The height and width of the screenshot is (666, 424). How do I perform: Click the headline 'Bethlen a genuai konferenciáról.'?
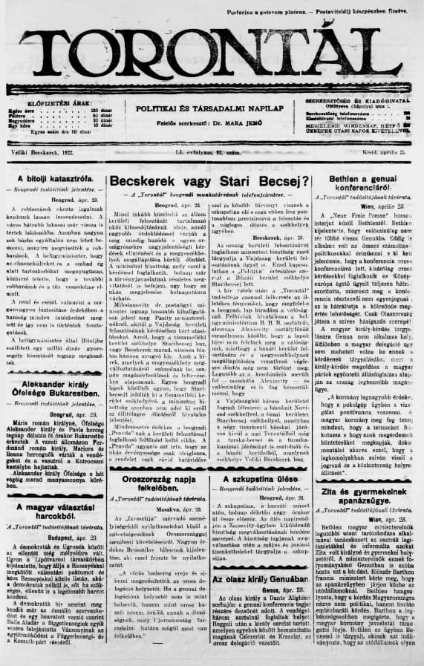[365, 183]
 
